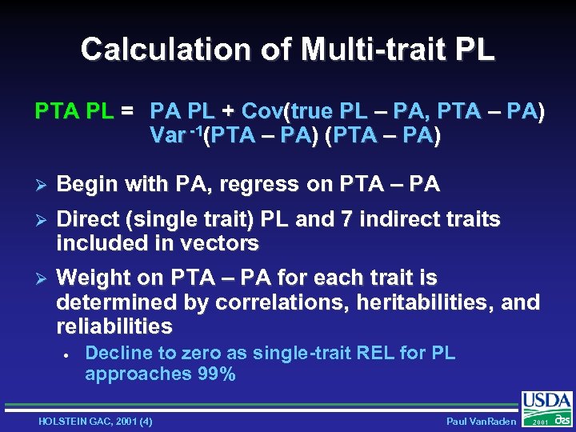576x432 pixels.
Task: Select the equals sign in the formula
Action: coord(127,110)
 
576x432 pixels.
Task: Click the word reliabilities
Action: coord(114,326)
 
